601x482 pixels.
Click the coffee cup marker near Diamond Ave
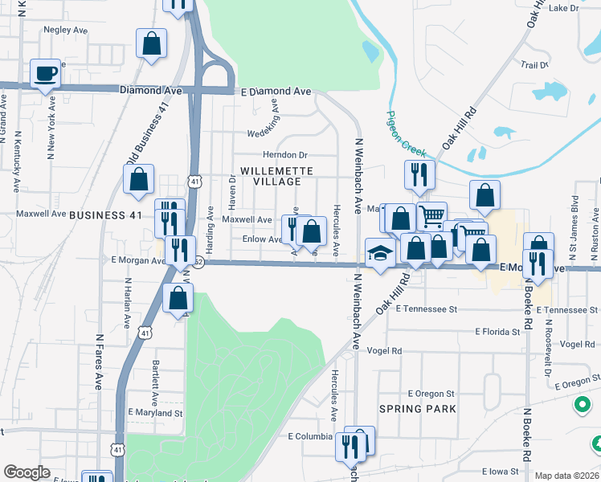click(45, 73)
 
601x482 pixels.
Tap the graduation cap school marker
click(378, 253)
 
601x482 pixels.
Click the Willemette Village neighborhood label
click(271, 176)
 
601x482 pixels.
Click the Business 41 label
click(105, 215)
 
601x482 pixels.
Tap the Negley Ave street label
click(65, 30)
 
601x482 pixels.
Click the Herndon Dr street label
click(285, 155)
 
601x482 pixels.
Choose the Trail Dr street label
click(534, 64)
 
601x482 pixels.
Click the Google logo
click(27, 472)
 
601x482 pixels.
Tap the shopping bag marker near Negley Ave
click(151, 43)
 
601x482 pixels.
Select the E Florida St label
click(498, 331)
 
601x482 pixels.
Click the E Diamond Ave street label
click(276, 92)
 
